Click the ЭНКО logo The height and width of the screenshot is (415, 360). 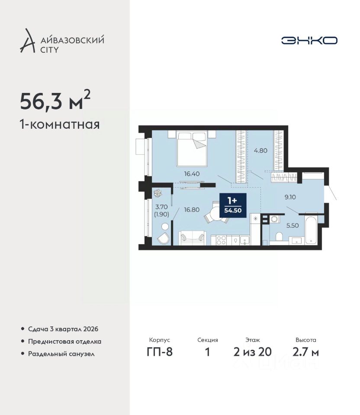pos(309,41)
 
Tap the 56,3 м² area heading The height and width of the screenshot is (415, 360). pos(55,100)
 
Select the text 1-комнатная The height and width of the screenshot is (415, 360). pos(60,124)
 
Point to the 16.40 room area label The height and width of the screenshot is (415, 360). pos(192,174)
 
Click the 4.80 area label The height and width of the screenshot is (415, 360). pos(260,150)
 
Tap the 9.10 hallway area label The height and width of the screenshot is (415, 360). pos(290,197)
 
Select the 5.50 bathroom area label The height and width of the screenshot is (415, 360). pos(292,226)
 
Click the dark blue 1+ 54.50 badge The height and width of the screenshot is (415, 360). pos(233,205)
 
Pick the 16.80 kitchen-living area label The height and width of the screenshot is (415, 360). pos(192,210)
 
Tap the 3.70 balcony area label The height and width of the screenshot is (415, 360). pos(161,207)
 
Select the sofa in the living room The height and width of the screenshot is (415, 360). pos(192,237)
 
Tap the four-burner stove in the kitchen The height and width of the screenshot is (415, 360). pos(221,240)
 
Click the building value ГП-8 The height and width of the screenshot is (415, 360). pos(160,352)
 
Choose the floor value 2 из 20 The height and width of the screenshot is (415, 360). pos(252,352)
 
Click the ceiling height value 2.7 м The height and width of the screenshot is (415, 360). pos(305,352)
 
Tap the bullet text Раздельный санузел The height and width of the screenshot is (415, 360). pos(61,354)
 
